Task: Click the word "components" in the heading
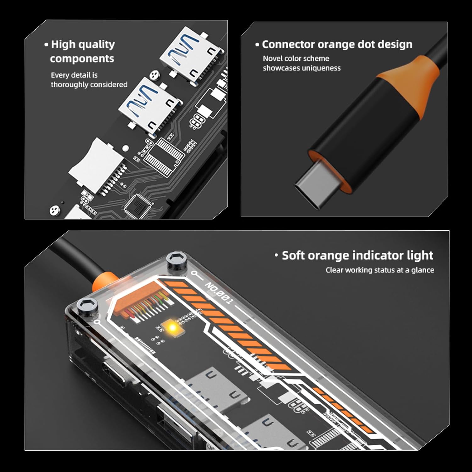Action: coord(82,59)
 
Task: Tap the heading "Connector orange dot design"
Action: coord(337,44)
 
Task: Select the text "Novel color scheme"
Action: coord(296,59)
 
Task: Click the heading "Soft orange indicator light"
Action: coord(357,255)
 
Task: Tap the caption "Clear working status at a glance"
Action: coord(380,270)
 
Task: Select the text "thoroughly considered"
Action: coord(89,85)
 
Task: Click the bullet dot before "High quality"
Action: coord(46,45)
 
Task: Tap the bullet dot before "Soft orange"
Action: coord(276,256)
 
